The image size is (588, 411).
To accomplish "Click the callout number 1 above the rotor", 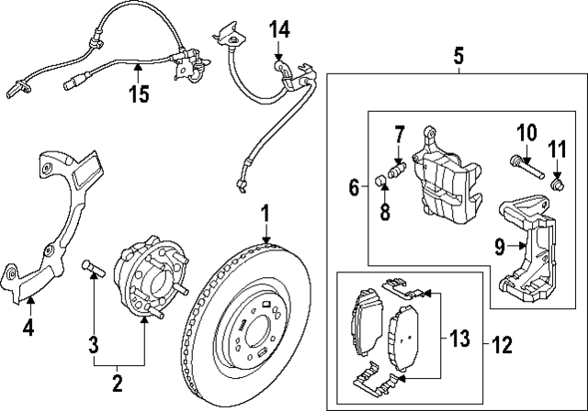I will coord(265,215).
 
